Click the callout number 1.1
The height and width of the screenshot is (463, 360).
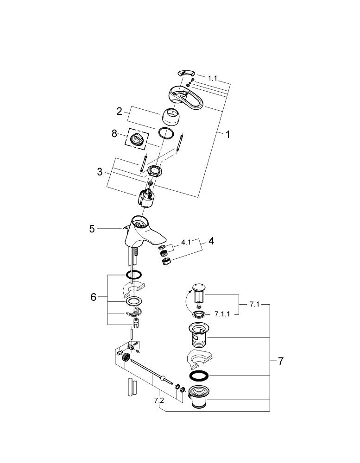(212, 79)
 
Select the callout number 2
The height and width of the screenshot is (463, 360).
(119, 111)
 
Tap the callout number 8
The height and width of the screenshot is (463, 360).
(114, 134)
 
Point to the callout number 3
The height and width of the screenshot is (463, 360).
(100, 172)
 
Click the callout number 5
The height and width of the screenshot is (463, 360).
(92, 228)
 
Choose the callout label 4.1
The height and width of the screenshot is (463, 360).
(185, 242)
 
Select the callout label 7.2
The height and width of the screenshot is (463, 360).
(158, 400)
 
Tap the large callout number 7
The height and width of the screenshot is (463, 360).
(280, 361)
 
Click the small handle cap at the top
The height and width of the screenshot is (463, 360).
(187, 73)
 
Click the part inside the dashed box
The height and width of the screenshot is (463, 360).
(138, 138)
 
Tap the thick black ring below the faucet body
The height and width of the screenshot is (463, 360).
(133, 274)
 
